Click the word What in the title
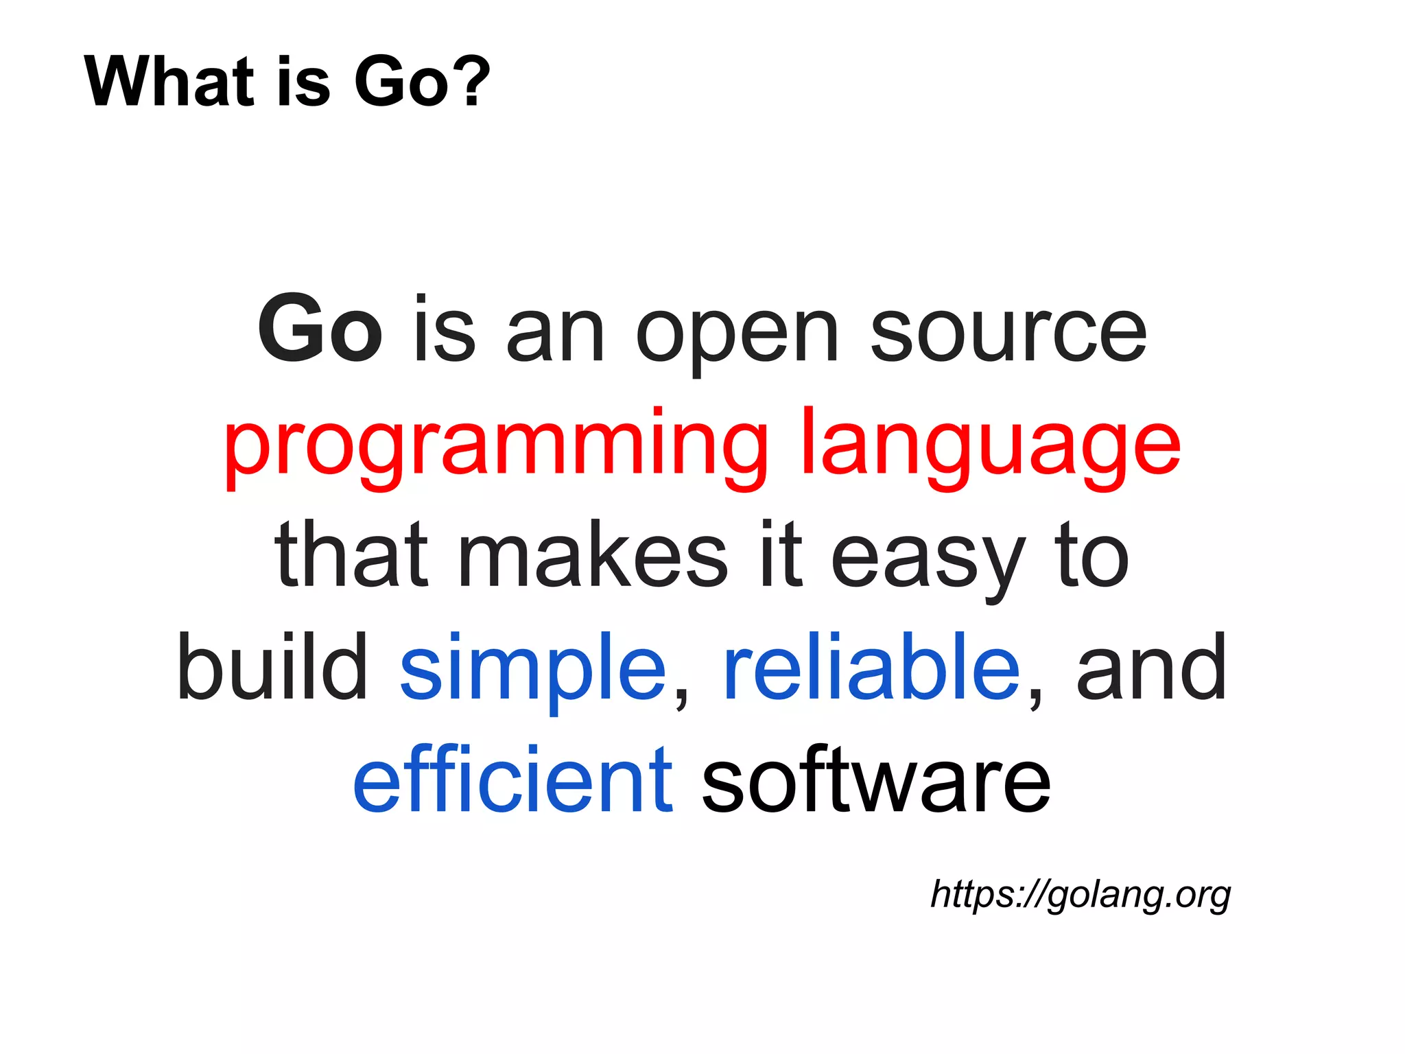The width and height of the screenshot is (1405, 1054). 169,82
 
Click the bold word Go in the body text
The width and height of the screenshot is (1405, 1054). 320,329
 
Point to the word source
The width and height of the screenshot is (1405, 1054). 1008,333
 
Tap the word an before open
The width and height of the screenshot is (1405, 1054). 555,333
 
